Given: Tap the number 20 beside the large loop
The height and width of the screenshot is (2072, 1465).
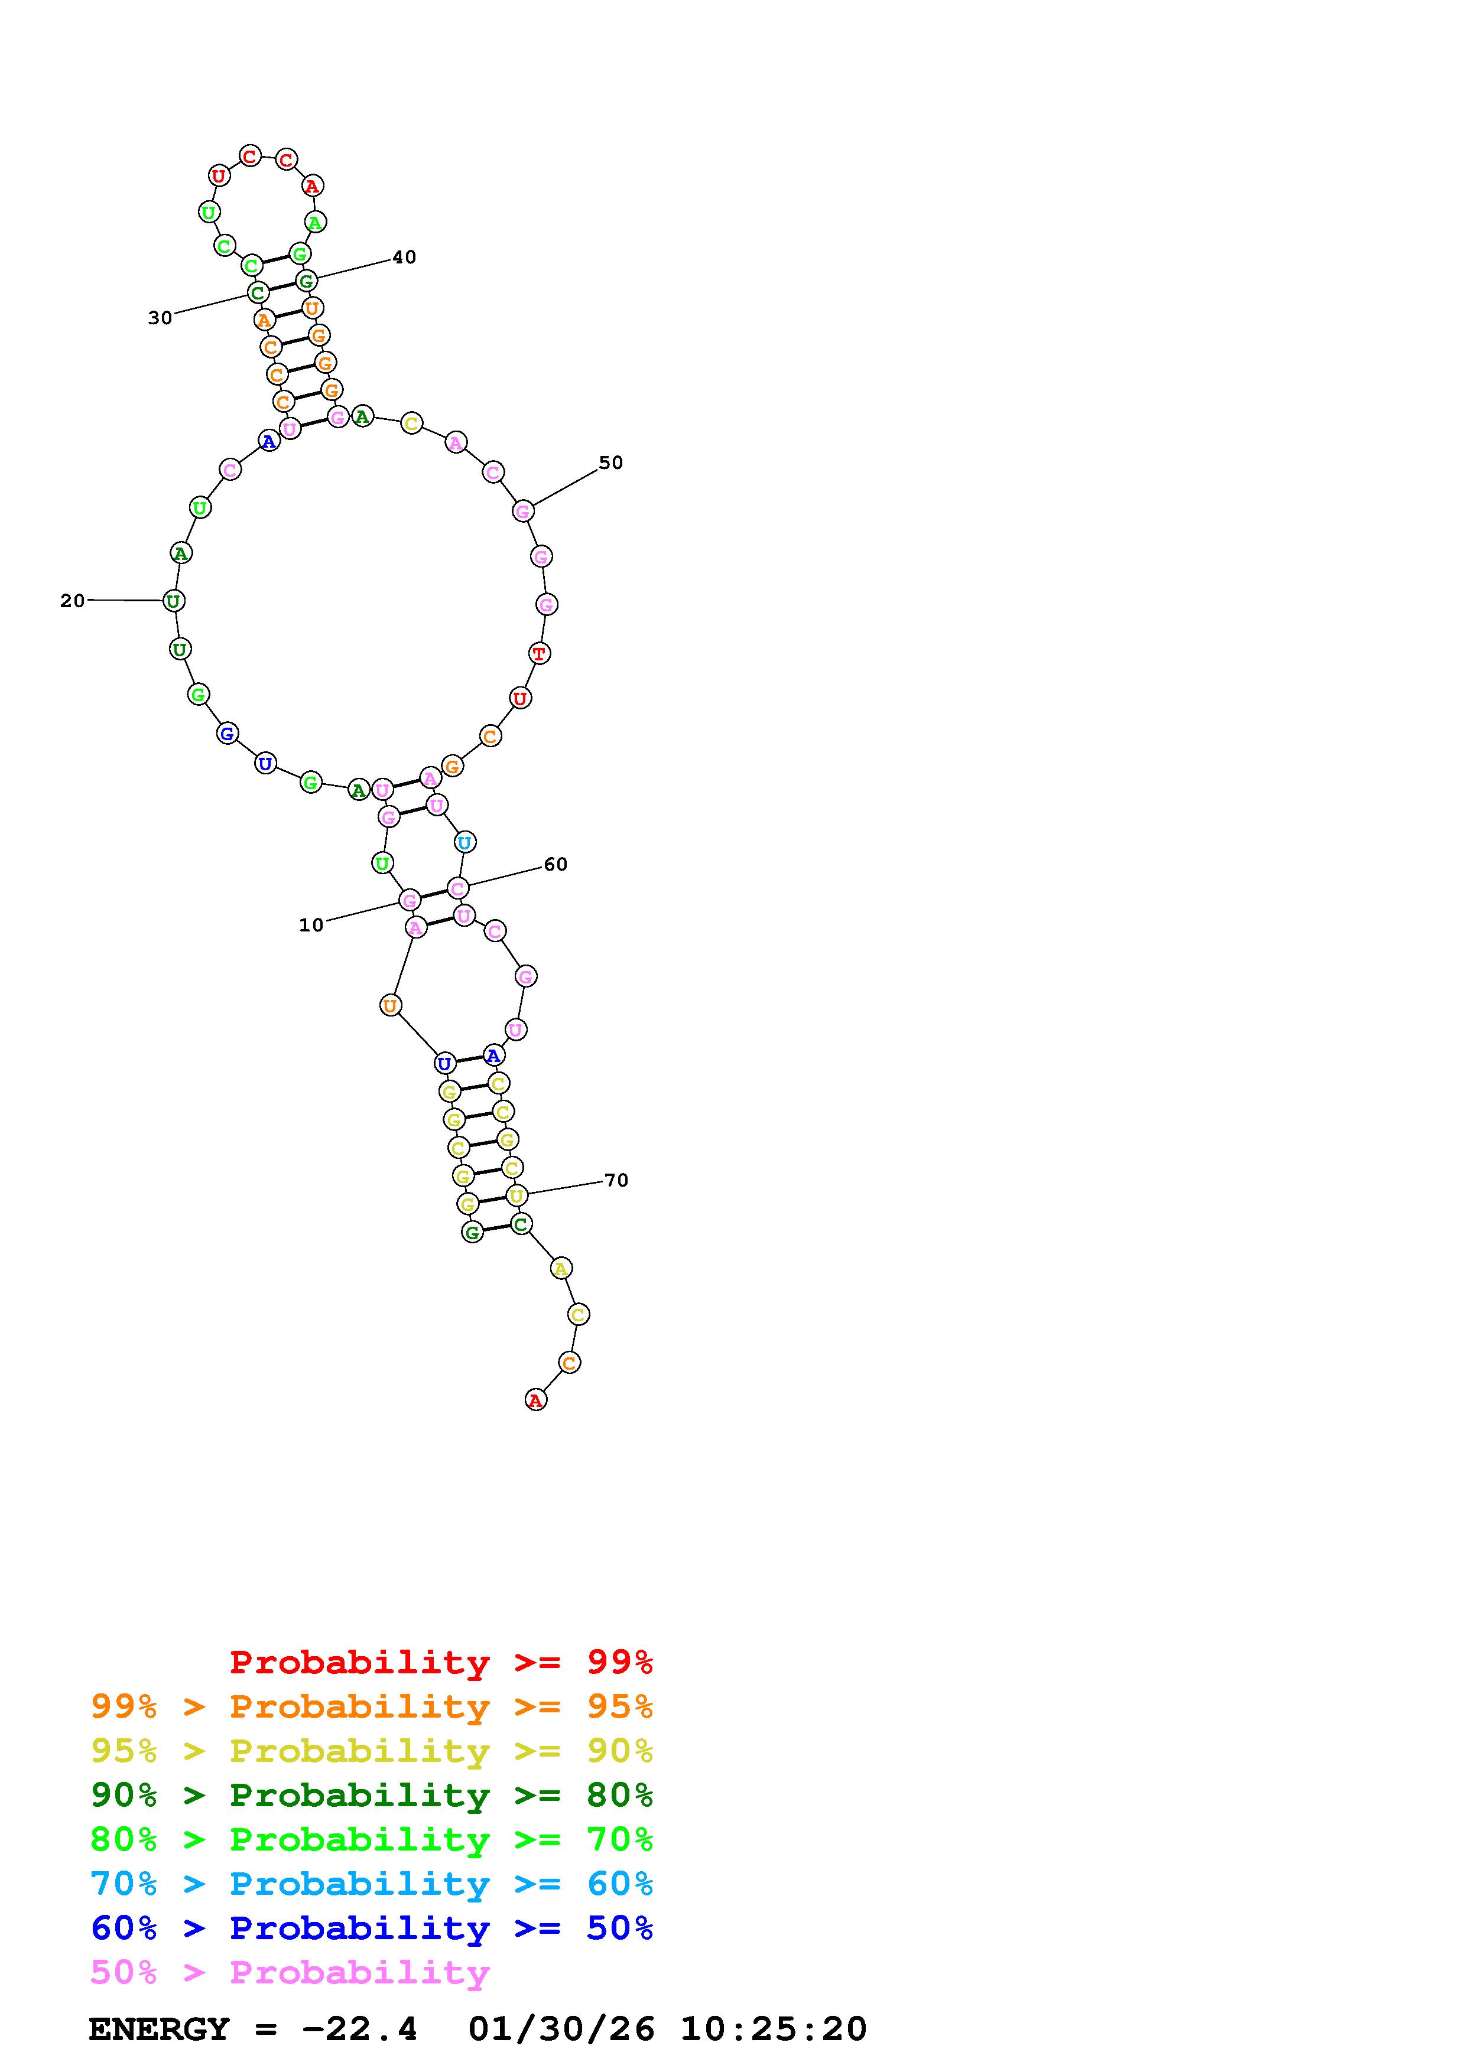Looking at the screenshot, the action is (x=72, y=600).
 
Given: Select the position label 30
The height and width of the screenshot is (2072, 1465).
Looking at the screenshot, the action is (x=160, y=318).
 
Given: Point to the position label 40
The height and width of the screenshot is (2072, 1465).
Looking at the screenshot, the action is (x=404, y=257).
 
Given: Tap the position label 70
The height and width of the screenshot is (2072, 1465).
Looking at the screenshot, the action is (x=616, y=1180).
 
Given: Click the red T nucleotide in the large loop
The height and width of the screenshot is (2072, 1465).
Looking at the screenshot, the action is (x=539, y=653).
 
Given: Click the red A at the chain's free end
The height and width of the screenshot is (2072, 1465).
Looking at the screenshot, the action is (x=535, y=1400).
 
